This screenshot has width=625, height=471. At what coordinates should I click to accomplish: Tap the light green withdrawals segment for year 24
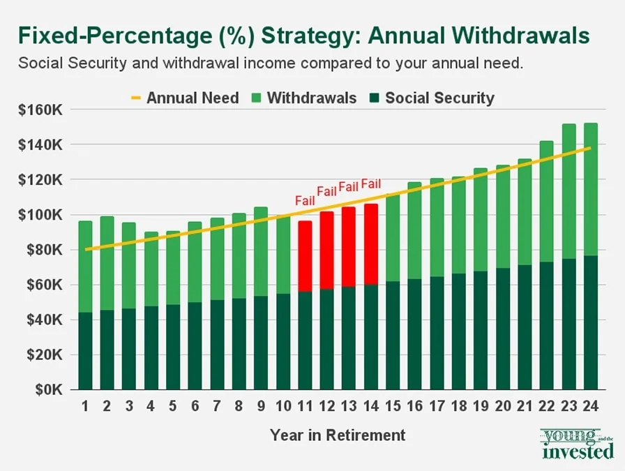(x=590, y=189)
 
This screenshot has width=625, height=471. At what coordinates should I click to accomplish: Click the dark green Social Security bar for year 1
(x=85, y=350)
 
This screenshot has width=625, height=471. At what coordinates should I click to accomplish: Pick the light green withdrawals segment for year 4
(x=151, y=269)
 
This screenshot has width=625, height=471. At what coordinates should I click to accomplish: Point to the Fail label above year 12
(x=327, y=191)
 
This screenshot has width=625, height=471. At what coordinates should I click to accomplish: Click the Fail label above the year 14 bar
(x=371, y=185)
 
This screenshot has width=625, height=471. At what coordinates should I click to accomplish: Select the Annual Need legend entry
(x=184, y=98)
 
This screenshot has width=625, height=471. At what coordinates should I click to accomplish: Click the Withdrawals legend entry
(x=303, y=98)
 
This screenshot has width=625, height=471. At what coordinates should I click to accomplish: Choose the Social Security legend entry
(x=431, y=98)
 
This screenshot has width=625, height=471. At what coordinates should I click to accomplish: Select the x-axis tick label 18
(x=458, y=405)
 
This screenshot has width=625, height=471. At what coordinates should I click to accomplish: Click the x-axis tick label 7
(x=216, y=405)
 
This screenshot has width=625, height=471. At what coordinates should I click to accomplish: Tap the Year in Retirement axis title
(x=338, y=435)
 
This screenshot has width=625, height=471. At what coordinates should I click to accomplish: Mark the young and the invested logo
(x=576, y=444)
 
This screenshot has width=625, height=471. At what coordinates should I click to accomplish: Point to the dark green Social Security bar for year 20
(x=502, y=329)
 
